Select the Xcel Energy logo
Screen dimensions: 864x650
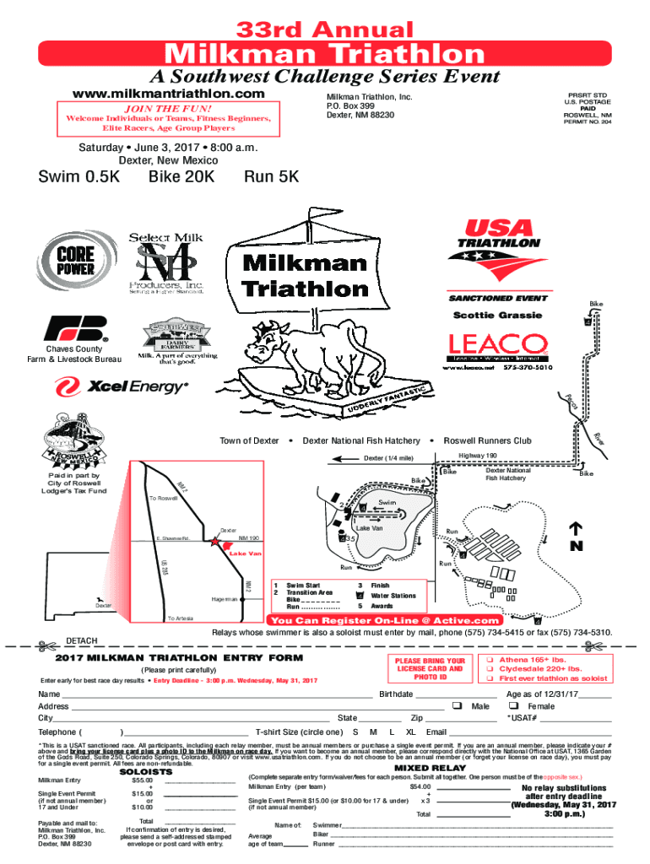pos(122,387)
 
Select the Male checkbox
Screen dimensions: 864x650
pos(457,706)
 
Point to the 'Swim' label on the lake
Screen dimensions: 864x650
pos(387,503)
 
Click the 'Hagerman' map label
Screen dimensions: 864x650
pos(224,597)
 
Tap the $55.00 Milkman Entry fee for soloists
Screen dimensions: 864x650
pos(142,780)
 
